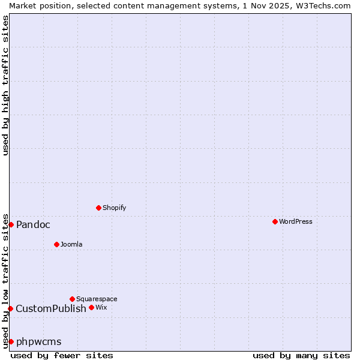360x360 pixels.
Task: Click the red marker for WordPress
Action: [275, 221]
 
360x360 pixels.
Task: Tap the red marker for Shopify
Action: [98, 208]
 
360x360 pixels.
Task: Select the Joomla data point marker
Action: [56, 244]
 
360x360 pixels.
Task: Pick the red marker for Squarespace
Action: [72, 299]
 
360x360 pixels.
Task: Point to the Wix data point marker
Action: [91, 307]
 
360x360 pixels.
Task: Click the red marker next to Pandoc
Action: [11, 224]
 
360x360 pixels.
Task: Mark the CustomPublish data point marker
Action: [10, 308]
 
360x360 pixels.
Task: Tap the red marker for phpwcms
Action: [11, 341]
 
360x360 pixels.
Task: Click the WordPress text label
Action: [295, 221]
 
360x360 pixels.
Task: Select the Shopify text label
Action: [114, 208]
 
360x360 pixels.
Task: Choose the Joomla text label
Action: [71, 244]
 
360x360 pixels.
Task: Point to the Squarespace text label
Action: [97, 299]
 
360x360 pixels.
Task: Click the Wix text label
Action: [101, 307]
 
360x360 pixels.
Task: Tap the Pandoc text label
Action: [33, 224]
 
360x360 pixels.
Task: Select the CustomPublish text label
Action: [51, 308]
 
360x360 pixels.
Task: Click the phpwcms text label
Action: [39, 341]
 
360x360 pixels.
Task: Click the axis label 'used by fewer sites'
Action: [62, 355]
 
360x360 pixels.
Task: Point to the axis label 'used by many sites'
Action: [301, 355]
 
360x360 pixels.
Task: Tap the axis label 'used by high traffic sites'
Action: [5, 85]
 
